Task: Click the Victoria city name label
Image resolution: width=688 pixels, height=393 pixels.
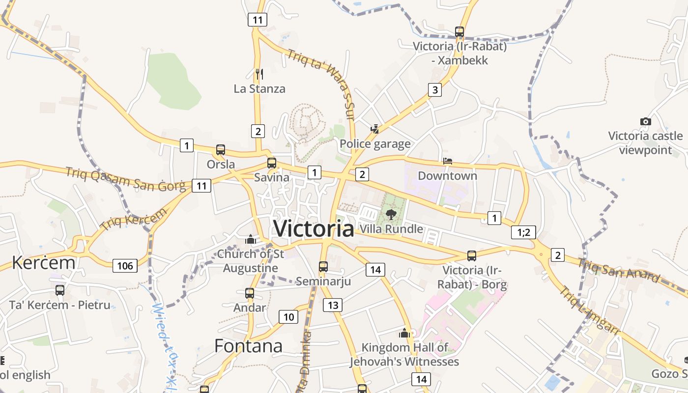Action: pos(314,228)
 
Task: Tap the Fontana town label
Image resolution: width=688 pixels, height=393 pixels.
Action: pos(248,346)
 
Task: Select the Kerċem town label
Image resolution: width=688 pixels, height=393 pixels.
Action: pos(44,263)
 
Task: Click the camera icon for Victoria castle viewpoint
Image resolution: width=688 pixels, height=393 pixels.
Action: pos(646,121)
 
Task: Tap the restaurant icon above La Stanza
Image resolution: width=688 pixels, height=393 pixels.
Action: pos(259,74)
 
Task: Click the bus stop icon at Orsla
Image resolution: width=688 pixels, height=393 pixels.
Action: pos(221,150)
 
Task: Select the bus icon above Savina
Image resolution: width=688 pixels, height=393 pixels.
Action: pos(272,163)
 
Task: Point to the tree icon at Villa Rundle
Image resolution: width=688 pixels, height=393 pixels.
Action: pos(391,214)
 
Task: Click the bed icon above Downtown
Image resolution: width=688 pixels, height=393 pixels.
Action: pos(447,161)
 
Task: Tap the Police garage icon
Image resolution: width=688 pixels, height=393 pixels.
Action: pos(375,129)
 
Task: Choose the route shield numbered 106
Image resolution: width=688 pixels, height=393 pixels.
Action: pos(125,266)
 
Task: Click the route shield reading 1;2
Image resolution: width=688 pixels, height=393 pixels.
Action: pos(523,232)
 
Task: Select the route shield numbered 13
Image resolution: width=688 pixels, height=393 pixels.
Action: pos(333,305)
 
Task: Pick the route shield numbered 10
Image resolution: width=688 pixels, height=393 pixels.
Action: pos(288,317)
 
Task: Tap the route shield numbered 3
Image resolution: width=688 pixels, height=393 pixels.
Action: pos(434,90)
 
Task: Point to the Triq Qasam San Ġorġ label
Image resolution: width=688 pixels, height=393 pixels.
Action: pos(126,179)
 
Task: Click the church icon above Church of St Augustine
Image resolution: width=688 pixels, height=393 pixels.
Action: pos(251,240)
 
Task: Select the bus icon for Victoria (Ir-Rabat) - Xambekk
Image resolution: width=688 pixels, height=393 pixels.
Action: pos(459,32)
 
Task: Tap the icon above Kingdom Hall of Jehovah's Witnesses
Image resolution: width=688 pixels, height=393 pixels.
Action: pos(404,334)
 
